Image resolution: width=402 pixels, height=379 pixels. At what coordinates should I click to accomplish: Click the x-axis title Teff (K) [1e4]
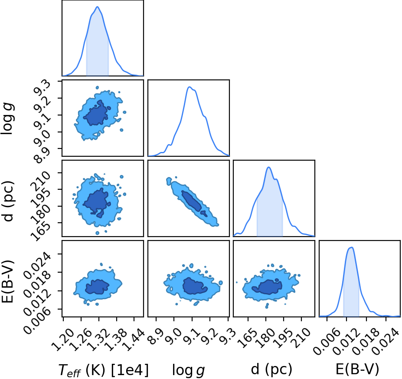tap(104, 370)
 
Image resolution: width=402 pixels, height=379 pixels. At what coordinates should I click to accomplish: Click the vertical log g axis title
tap(8, 119)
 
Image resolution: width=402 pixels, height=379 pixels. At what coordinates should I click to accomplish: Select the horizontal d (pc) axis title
tap(271, 370)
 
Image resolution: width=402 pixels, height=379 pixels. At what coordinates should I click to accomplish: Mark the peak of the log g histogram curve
tap(189, 87)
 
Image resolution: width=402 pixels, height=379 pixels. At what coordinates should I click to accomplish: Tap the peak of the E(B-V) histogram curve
tap(352, 247)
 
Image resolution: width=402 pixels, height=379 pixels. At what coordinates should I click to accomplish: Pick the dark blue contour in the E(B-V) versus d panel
tap(267, 287)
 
